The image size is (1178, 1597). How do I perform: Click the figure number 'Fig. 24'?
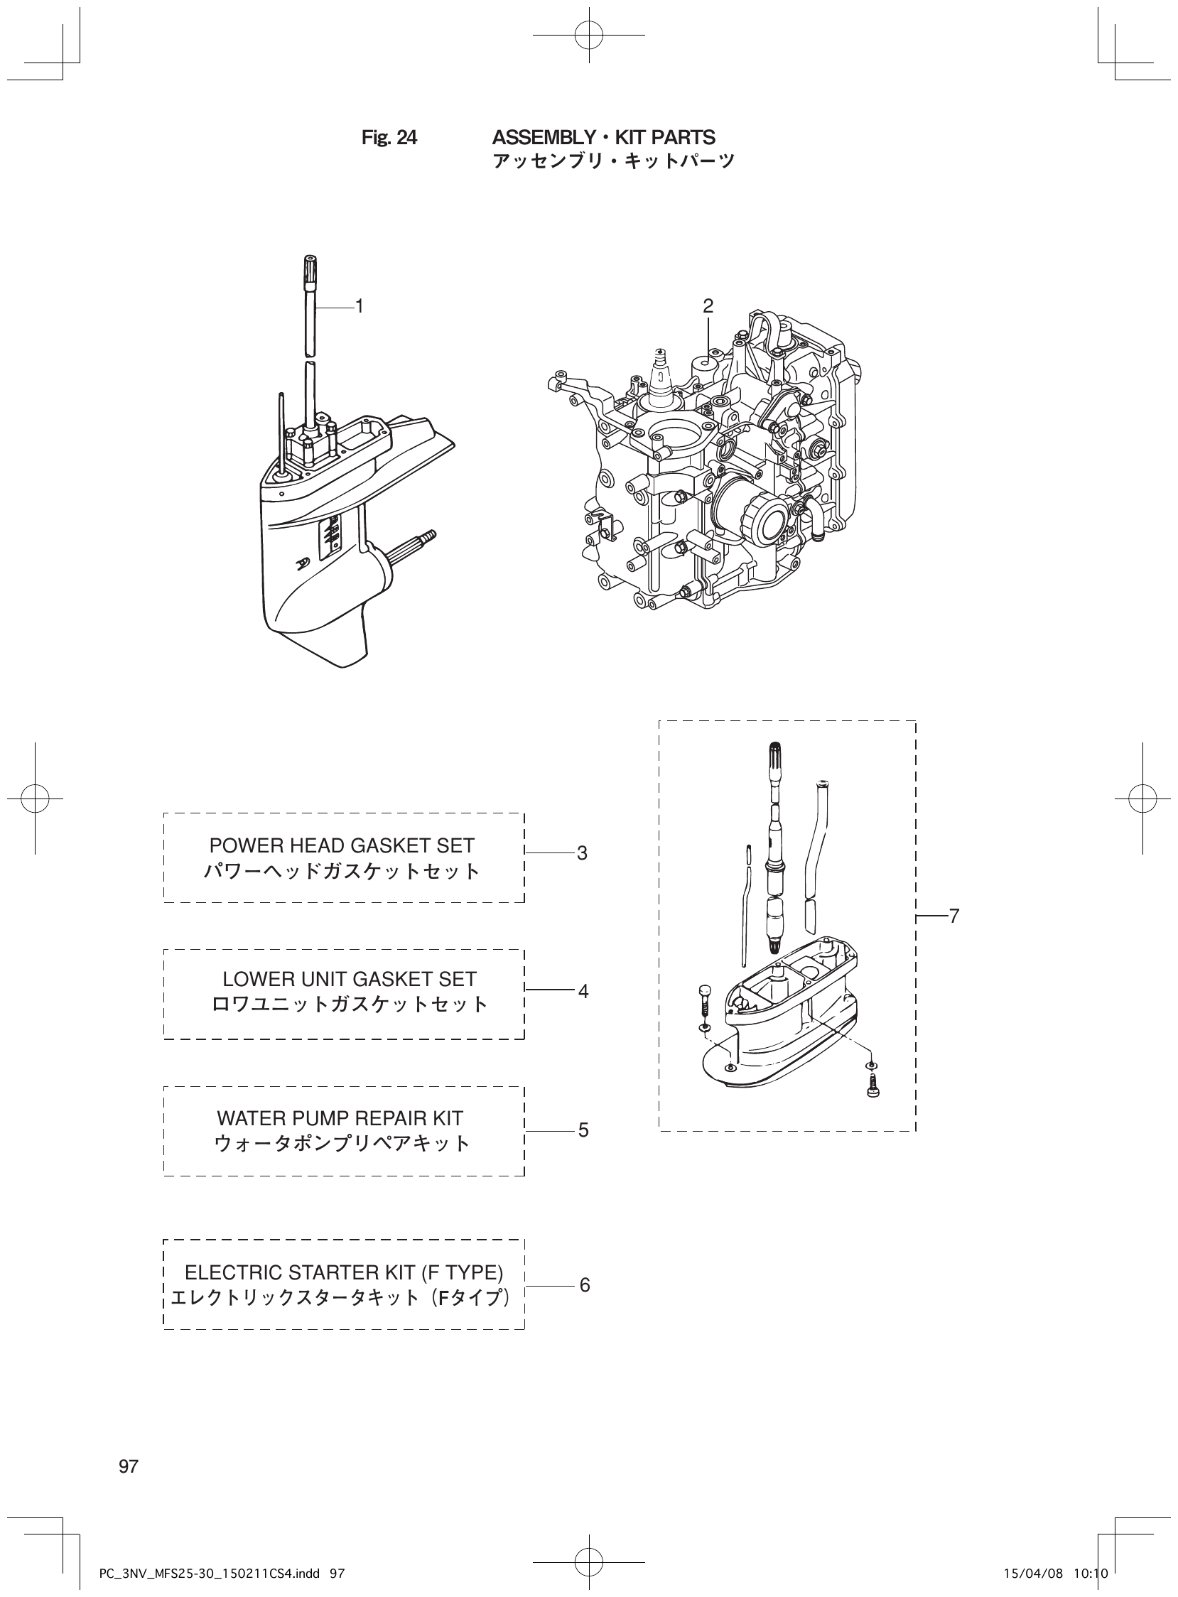coord(389,138)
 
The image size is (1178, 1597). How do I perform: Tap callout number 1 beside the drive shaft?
coord(360,307)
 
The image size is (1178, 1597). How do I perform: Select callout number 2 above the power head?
coord(708,307)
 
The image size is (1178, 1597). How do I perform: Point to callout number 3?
coord(582,853)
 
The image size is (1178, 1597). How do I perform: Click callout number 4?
coord(583,991)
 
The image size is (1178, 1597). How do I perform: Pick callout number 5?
coord(583,1130)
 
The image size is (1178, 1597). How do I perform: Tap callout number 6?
coord(584,1285)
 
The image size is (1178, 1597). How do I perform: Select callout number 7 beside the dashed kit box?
coord(954,916)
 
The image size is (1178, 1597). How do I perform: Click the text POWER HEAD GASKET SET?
coord(342,845)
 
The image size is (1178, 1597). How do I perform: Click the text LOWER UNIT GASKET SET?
coord(350,979)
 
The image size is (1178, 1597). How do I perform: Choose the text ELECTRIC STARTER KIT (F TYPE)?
coord(344,1272)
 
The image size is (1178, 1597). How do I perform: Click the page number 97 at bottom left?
coord(129,1466)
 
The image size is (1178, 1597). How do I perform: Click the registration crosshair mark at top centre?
coord(589,34)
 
